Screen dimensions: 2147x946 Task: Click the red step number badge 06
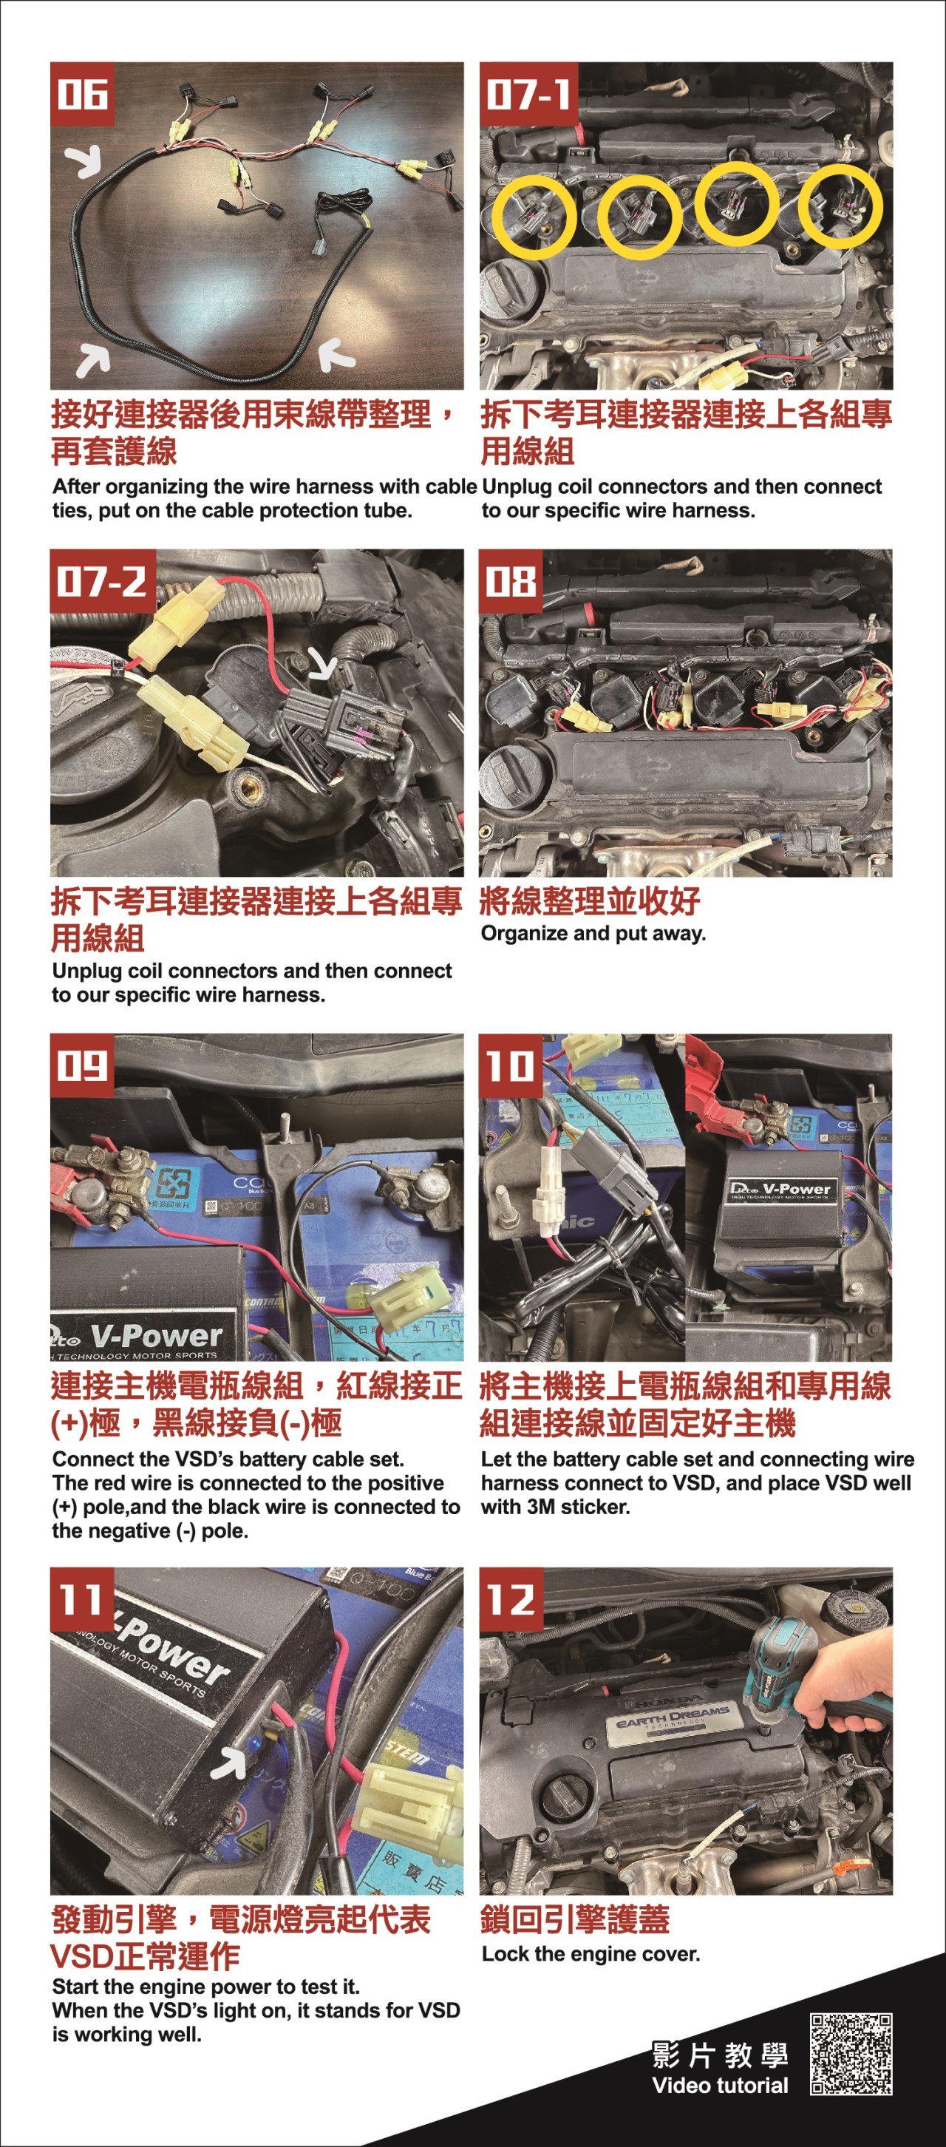[82, 93]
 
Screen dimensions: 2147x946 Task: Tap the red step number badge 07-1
[528, 93]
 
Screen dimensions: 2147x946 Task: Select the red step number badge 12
[510, 1598]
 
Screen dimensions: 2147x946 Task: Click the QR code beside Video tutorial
[851, 2054]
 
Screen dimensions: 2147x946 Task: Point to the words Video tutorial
[719, 2086]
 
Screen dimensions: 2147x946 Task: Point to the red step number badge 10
[510, 1065]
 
